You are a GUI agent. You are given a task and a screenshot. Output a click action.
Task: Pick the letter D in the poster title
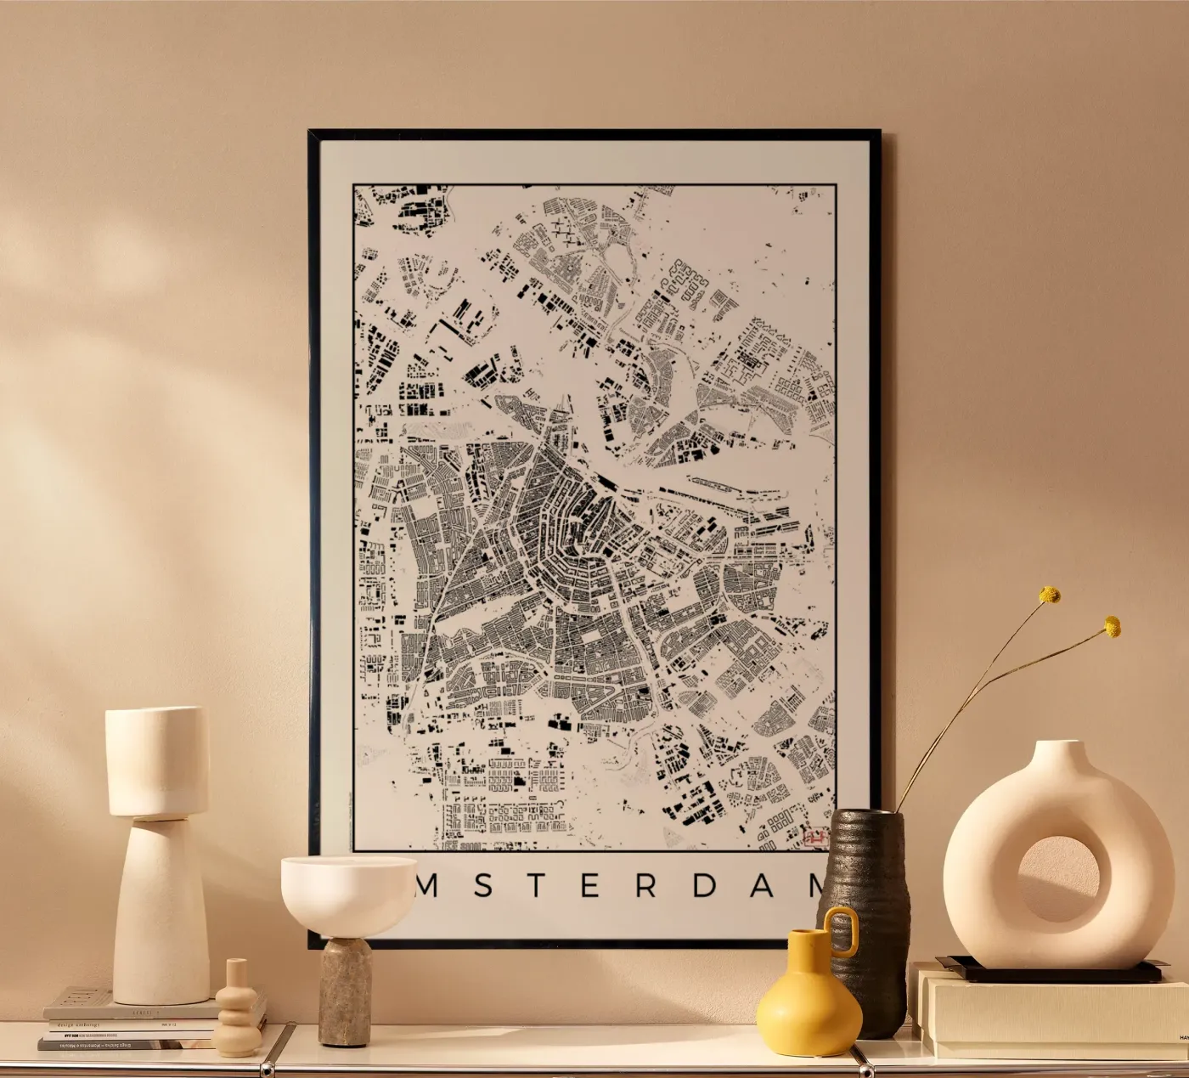pos(705,886)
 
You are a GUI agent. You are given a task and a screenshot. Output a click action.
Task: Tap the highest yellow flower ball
pos(1051,595)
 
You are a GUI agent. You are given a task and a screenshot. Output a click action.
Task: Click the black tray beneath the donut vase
pos(1053,971)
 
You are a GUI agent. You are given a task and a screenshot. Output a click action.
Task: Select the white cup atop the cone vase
pos(156,760)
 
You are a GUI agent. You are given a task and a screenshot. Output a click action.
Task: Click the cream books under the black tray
pos(1053,1011)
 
